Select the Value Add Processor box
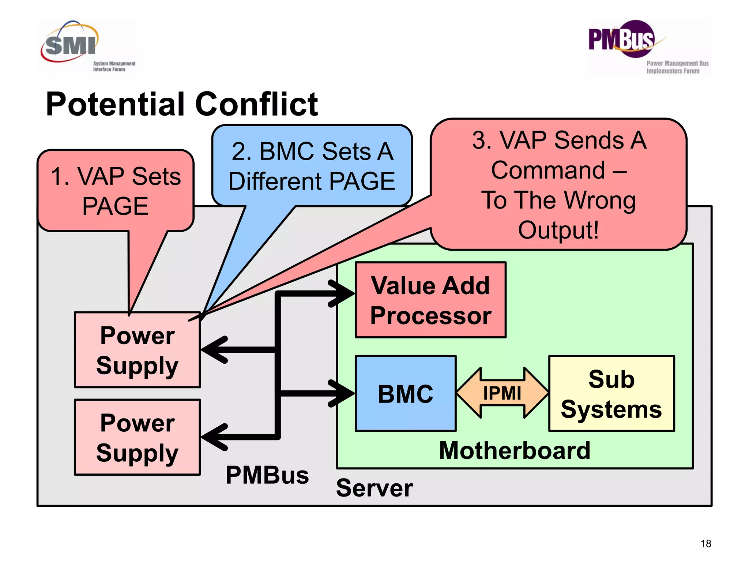[x=430, y=300]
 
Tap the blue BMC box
[x=405, y=394]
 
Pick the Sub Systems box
[x=611, y=394]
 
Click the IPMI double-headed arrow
[x=502, y=393]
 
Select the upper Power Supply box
[x=137, y=350]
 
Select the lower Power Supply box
[x=137, y=437]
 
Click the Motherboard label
[x=515, y=450]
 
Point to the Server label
[x=374, y=488]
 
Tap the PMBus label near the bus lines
[x=267, y=475]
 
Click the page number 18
[x=705, y=544]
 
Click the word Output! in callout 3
[x=558, y=230]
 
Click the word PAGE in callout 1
[x=115, y=206]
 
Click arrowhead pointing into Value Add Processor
[x=342, y=293]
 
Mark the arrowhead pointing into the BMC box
[x=342, y=393]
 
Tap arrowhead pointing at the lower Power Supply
[x=214, y=437]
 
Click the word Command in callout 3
[x=548, y=170]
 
